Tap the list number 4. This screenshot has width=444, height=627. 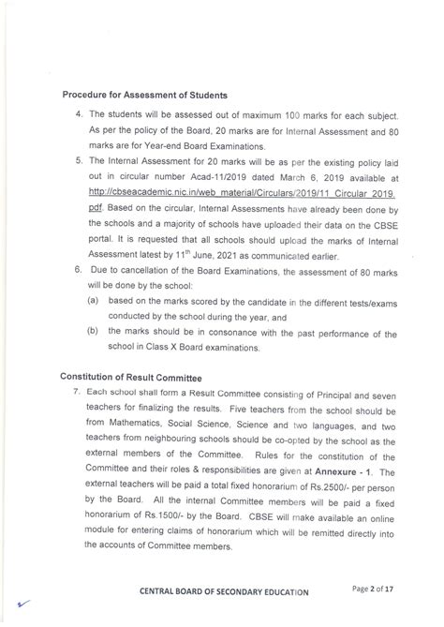[80, 112]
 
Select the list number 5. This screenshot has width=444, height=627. [80, 161]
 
